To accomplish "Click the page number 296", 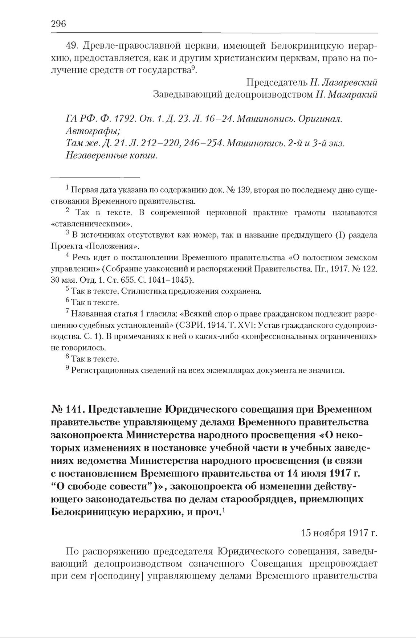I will [58, 24].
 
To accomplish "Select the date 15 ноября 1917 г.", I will [339, 533].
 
